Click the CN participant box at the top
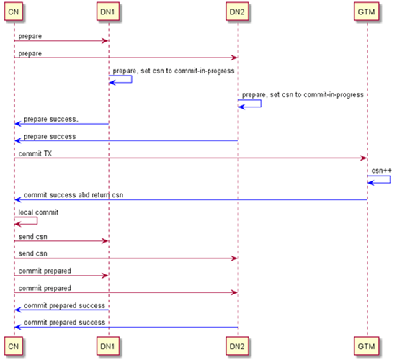pos(14,12)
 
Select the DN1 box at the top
pos(108,12)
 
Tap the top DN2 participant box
pos(238,12)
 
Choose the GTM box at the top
pos(367,12)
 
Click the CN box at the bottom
pos(14,347)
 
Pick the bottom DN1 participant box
pos(108,347)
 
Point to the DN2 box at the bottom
pos(238,347)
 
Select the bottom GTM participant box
pos(367,347)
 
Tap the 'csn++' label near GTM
pos(382,170)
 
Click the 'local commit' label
pos(37,212)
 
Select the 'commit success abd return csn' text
pos(73,194)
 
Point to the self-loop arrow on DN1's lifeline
pos(120,80)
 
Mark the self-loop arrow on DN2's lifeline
pos(250,104)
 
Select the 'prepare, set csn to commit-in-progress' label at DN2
pos(303,95)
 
